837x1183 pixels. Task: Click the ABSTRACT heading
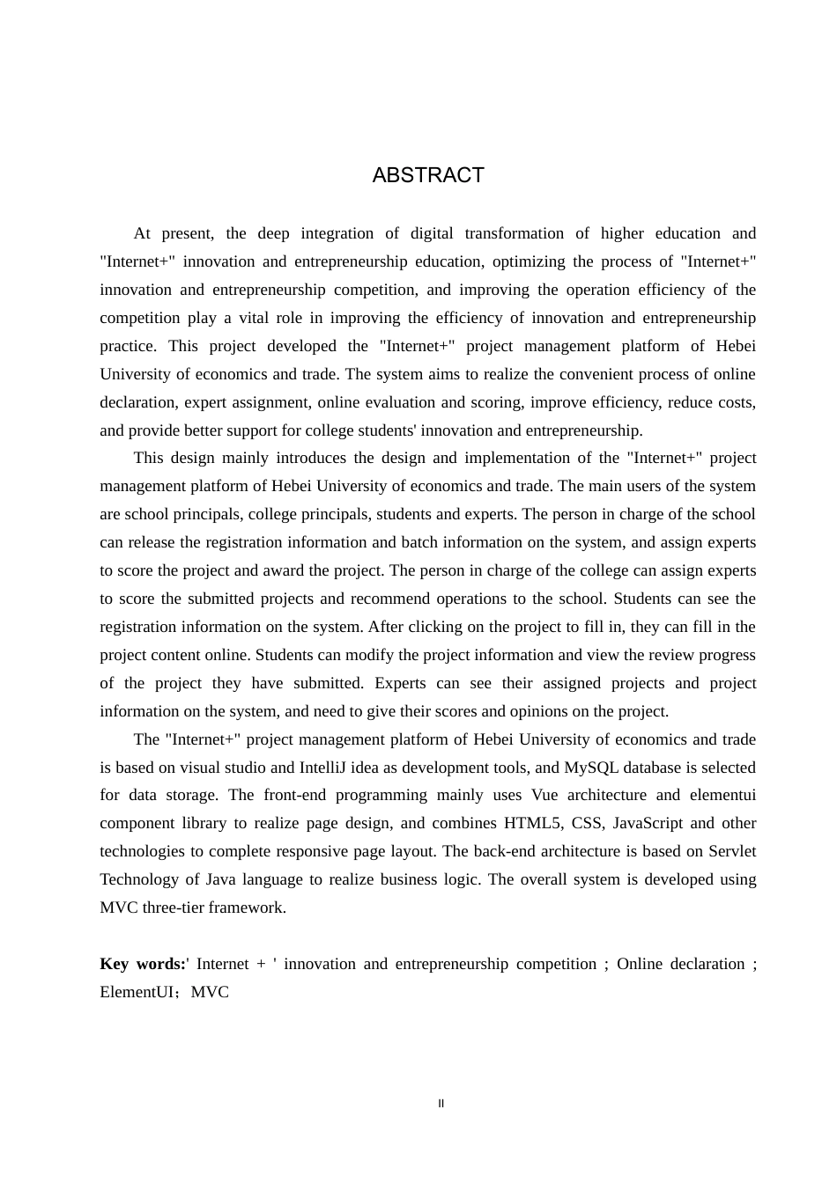click(x=428, y=175)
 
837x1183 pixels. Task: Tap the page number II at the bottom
click(x=441, y=1104)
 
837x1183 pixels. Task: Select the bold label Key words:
click(x=143, y=964)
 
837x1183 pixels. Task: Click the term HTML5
click(x=532, y=823)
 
